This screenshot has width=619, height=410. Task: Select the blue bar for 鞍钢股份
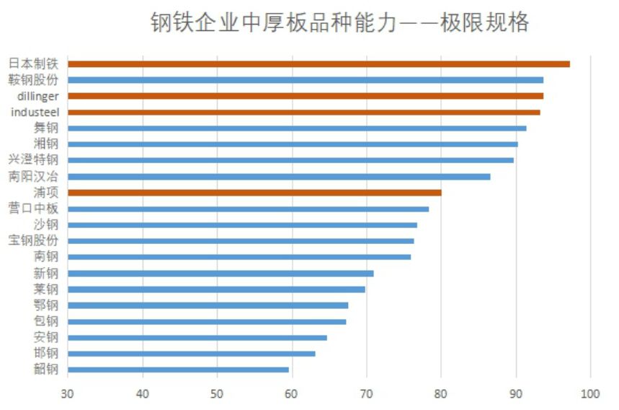coord(306,80)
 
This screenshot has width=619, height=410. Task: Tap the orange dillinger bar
coord(306,96)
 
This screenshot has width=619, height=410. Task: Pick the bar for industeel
coord(303,112)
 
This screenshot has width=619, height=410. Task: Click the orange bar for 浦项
coord(254,193)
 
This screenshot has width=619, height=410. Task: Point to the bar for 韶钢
coord(178,370)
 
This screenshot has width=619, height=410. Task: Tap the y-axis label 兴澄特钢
coord(33,160)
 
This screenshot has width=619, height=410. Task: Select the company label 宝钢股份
coord(33,240)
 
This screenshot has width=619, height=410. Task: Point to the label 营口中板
coord(33,209)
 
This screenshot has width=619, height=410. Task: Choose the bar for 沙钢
coord(242,224)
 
